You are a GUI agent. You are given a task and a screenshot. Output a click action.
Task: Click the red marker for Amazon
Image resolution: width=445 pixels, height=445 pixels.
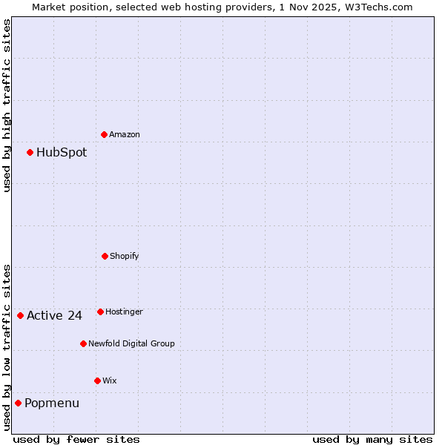[x=104, y=134]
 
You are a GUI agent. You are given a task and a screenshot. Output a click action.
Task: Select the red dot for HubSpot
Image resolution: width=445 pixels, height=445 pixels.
[x=30, y=152]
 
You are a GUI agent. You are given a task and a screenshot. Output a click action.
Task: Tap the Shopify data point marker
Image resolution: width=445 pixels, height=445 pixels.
[x=105, y=256]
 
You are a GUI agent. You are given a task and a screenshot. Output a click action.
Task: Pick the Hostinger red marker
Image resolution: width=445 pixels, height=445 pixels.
[x=100, y=311]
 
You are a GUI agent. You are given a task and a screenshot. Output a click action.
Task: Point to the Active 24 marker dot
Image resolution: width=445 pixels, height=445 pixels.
[x=20, y=315]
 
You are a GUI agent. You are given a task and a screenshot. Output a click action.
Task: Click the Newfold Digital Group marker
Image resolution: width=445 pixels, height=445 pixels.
[x=83, y=343]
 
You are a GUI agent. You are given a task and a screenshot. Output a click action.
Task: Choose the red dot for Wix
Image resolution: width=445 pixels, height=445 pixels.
[x=97, y=380]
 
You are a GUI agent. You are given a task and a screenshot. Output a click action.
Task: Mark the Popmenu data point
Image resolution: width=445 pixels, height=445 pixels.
[x=18, y=403]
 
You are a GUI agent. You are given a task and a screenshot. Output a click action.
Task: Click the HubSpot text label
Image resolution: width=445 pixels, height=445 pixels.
[x=62, y=153]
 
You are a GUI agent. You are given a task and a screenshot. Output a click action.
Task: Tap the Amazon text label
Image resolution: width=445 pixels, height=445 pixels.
[x=125, y=135]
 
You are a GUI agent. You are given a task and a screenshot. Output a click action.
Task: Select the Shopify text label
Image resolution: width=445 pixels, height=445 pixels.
[x=125, y=257]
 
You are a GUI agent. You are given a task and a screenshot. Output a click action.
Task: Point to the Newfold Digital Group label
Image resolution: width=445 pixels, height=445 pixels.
[x=132, y=344]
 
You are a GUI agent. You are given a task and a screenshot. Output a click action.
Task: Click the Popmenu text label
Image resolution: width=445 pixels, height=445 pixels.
[x=52, y=403]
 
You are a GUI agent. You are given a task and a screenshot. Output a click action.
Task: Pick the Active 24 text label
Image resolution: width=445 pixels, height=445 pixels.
[x=54, y=316]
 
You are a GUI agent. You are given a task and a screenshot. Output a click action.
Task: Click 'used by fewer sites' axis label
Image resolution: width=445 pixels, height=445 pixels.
[x=76, y=439]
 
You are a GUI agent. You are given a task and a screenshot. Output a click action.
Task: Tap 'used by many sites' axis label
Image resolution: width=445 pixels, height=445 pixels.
[x=372, y=439]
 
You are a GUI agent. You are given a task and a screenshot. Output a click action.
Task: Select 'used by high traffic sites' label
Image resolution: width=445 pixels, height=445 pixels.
[x=7, y=105]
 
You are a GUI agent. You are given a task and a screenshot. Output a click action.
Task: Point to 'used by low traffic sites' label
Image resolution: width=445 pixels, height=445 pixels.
[x=7, y=347]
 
